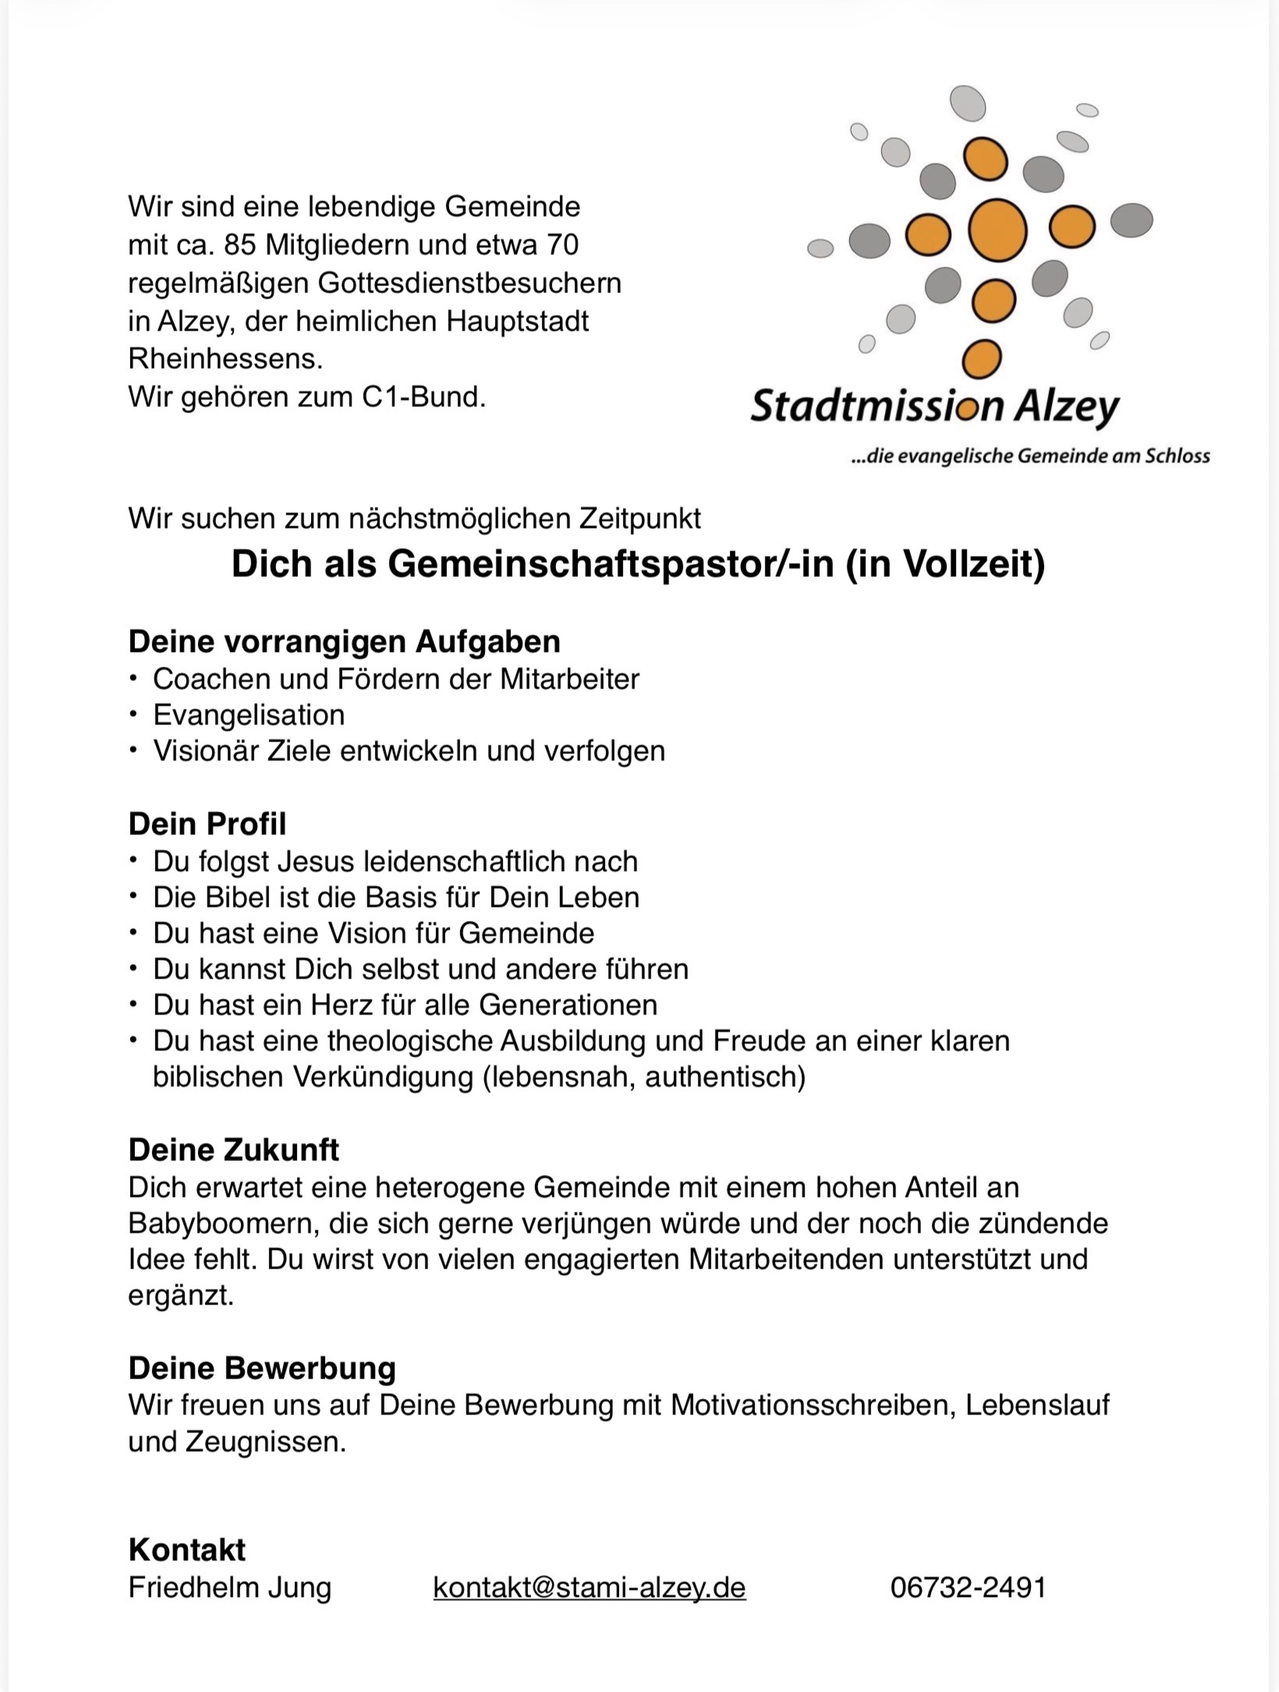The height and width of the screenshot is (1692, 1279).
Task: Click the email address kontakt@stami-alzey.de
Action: click(x=589, y=1588)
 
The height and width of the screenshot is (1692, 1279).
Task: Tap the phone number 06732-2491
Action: click(x=968, y=1588)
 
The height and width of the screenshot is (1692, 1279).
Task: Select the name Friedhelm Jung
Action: click(x=229, y=1588)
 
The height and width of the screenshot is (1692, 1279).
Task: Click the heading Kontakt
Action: click(x=186, y=1550)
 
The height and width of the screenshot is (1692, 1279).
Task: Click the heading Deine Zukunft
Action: click(x=233, y=1150)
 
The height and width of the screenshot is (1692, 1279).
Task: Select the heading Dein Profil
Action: click(x=207, y=824)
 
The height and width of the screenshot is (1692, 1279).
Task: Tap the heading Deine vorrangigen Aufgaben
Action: click(x=344, y=642)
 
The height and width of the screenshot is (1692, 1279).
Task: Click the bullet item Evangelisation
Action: click(x=249, y=715)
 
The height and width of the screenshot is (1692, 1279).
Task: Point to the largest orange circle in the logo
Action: click(x=997, y=229)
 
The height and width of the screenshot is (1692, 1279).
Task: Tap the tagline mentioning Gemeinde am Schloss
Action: click(x=1030, y=456)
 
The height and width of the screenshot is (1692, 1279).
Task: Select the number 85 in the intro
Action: click(x=240, y=246)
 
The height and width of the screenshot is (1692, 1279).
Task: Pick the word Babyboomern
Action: click(x=224, y=1223)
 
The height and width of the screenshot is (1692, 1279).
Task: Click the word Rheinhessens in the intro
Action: click(x=225, y=359)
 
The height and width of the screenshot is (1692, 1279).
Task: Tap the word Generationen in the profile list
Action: click(x=568, y=1005)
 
